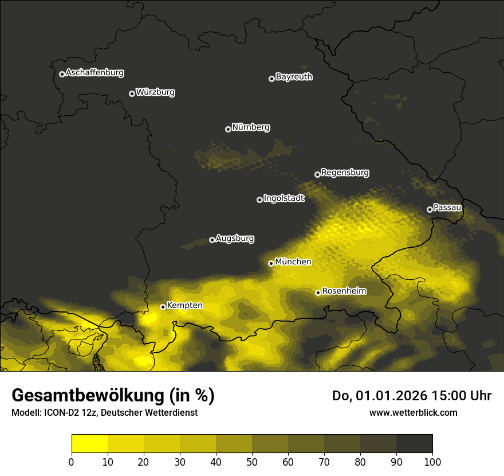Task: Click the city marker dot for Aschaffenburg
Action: [x=62, y=74]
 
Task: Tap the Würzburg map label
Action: [x=155, y=92]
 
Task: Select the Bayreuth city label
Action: [x=294, y=77]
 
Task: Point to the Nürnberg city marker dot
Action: [x=228, y=129]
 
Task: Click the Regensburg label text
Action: [x=345, y=173]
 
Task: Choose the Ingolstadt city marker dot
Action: [x=259, y=200]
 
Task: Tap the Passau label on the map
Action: [x=447, y=208]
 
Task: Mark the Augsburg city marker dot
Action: [x=212, y=240]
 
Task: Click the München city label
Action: [x=293, y=262]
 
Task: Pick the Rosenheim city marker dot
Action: [x=318, y=292]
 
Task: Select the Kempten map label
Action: [x=184, y=306]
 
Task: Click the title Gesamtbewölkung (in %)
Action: [x=113, y=396]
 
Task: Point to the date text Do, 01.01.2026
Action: [x=378, y=396]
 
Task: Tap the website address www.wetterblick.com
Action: [x=413, y=412]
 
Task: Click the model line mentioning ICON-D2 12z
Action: [x=104, y=412]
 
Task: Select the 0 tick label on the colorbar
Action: [x=72, y=462]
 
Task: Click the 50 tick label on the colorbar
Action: [x=252, y=462]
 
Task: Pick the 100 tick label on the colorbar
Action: [x=432, y=462]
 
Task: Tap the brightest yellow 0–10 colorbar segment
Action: [x=89, y=444]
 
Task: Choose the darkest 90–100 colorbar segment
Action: [x=414, y=444]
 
